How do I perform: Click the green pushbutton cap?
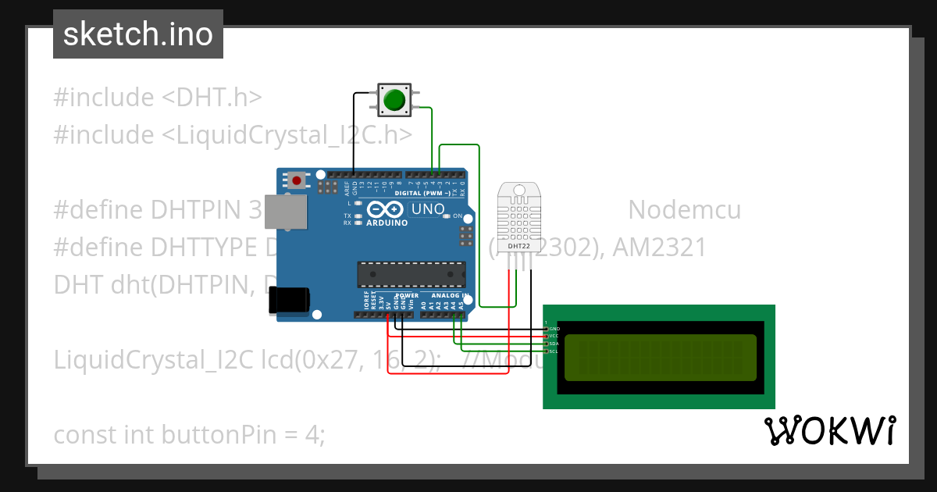click(394, 100)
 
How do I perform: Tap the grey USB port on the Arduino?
click(287, 212)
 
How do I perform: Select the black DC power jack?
click(289, 301)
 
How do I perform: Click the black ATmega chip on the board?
click(411, 274)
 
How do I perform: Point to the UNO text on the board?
click(428, 209)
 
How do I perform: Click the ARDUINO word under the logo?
click(387, 223)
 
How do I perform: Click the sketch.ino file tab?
click(138, 34)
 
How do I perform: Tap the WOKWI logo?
click(829, 431)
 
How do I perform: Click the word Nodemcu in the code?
click(684, 210)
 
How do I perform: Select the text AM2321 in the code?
click(660, 248)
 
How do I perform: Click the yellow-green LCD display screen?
click(660, 358)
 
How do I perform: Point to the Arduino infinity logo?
click(385, 209)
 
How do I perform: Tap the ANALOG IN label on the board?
click(446, 296)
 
